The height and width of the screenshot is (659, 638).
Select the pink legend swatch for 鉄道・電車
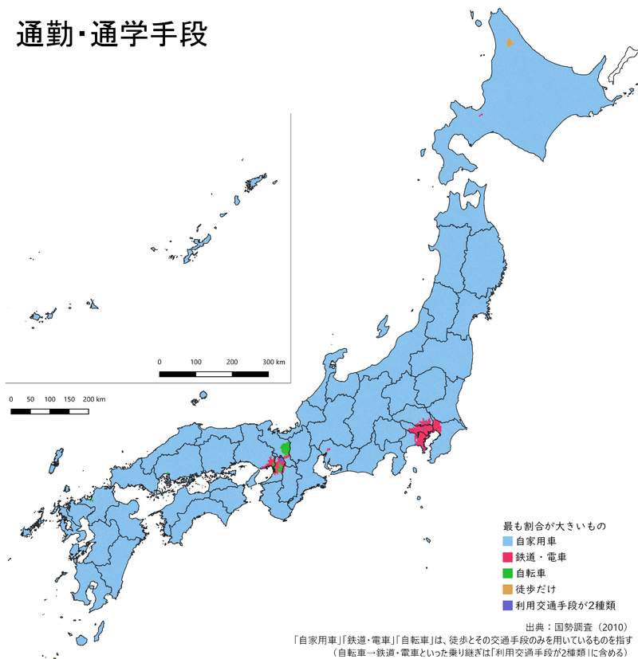click(508, 557)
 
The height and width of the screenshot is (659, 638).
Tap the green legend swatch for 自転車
click(508, 573)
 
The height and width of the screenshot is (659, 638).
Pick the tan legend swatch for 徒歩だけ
click(508, 589)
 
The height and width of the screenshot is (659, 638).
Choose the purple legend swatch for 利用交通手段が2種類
click(508, 605)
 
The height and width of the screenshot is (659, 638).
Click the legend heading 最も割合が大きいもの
click(554, 526)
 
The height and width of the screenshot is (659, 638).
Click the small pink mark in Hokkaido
click(481, 117)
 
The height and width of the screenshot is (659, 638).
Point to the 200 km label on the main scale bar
click(94, 398)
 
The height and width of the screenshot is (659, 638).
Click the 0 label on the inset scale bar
click(159, 363)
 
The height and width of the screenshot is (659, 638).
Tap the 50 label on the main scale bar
click(30, 398)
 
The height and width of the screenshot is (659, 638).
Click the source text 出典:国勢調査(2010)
click(578, 626)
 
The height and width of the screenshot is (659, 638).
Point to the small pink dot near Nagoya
click(328, 452)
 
